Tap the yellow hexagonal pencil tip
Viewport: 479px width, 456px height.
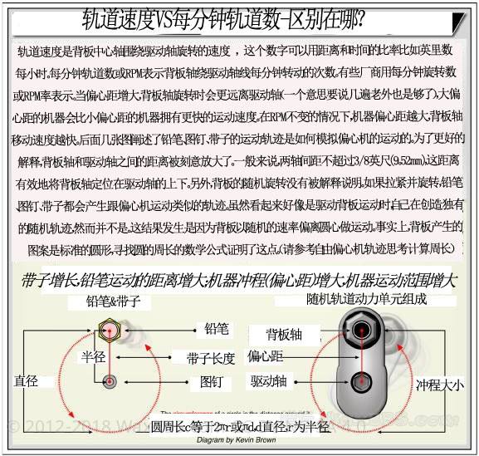[x=108, y=331]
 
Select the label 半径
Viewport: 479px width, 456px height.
[x=91, y=357]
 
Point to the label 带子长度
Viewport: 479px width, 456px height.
[x=211, y=358]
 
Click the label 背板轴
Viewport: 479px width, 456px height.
[x=284, y=334]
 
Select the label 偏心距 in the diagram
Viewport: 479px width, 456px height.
[x=266, y=356]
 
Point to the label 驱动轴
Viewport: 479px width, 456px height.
[x=269, y=381]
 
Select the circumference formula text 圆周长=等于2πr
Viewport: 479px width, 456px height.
[x=240, y=426]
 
